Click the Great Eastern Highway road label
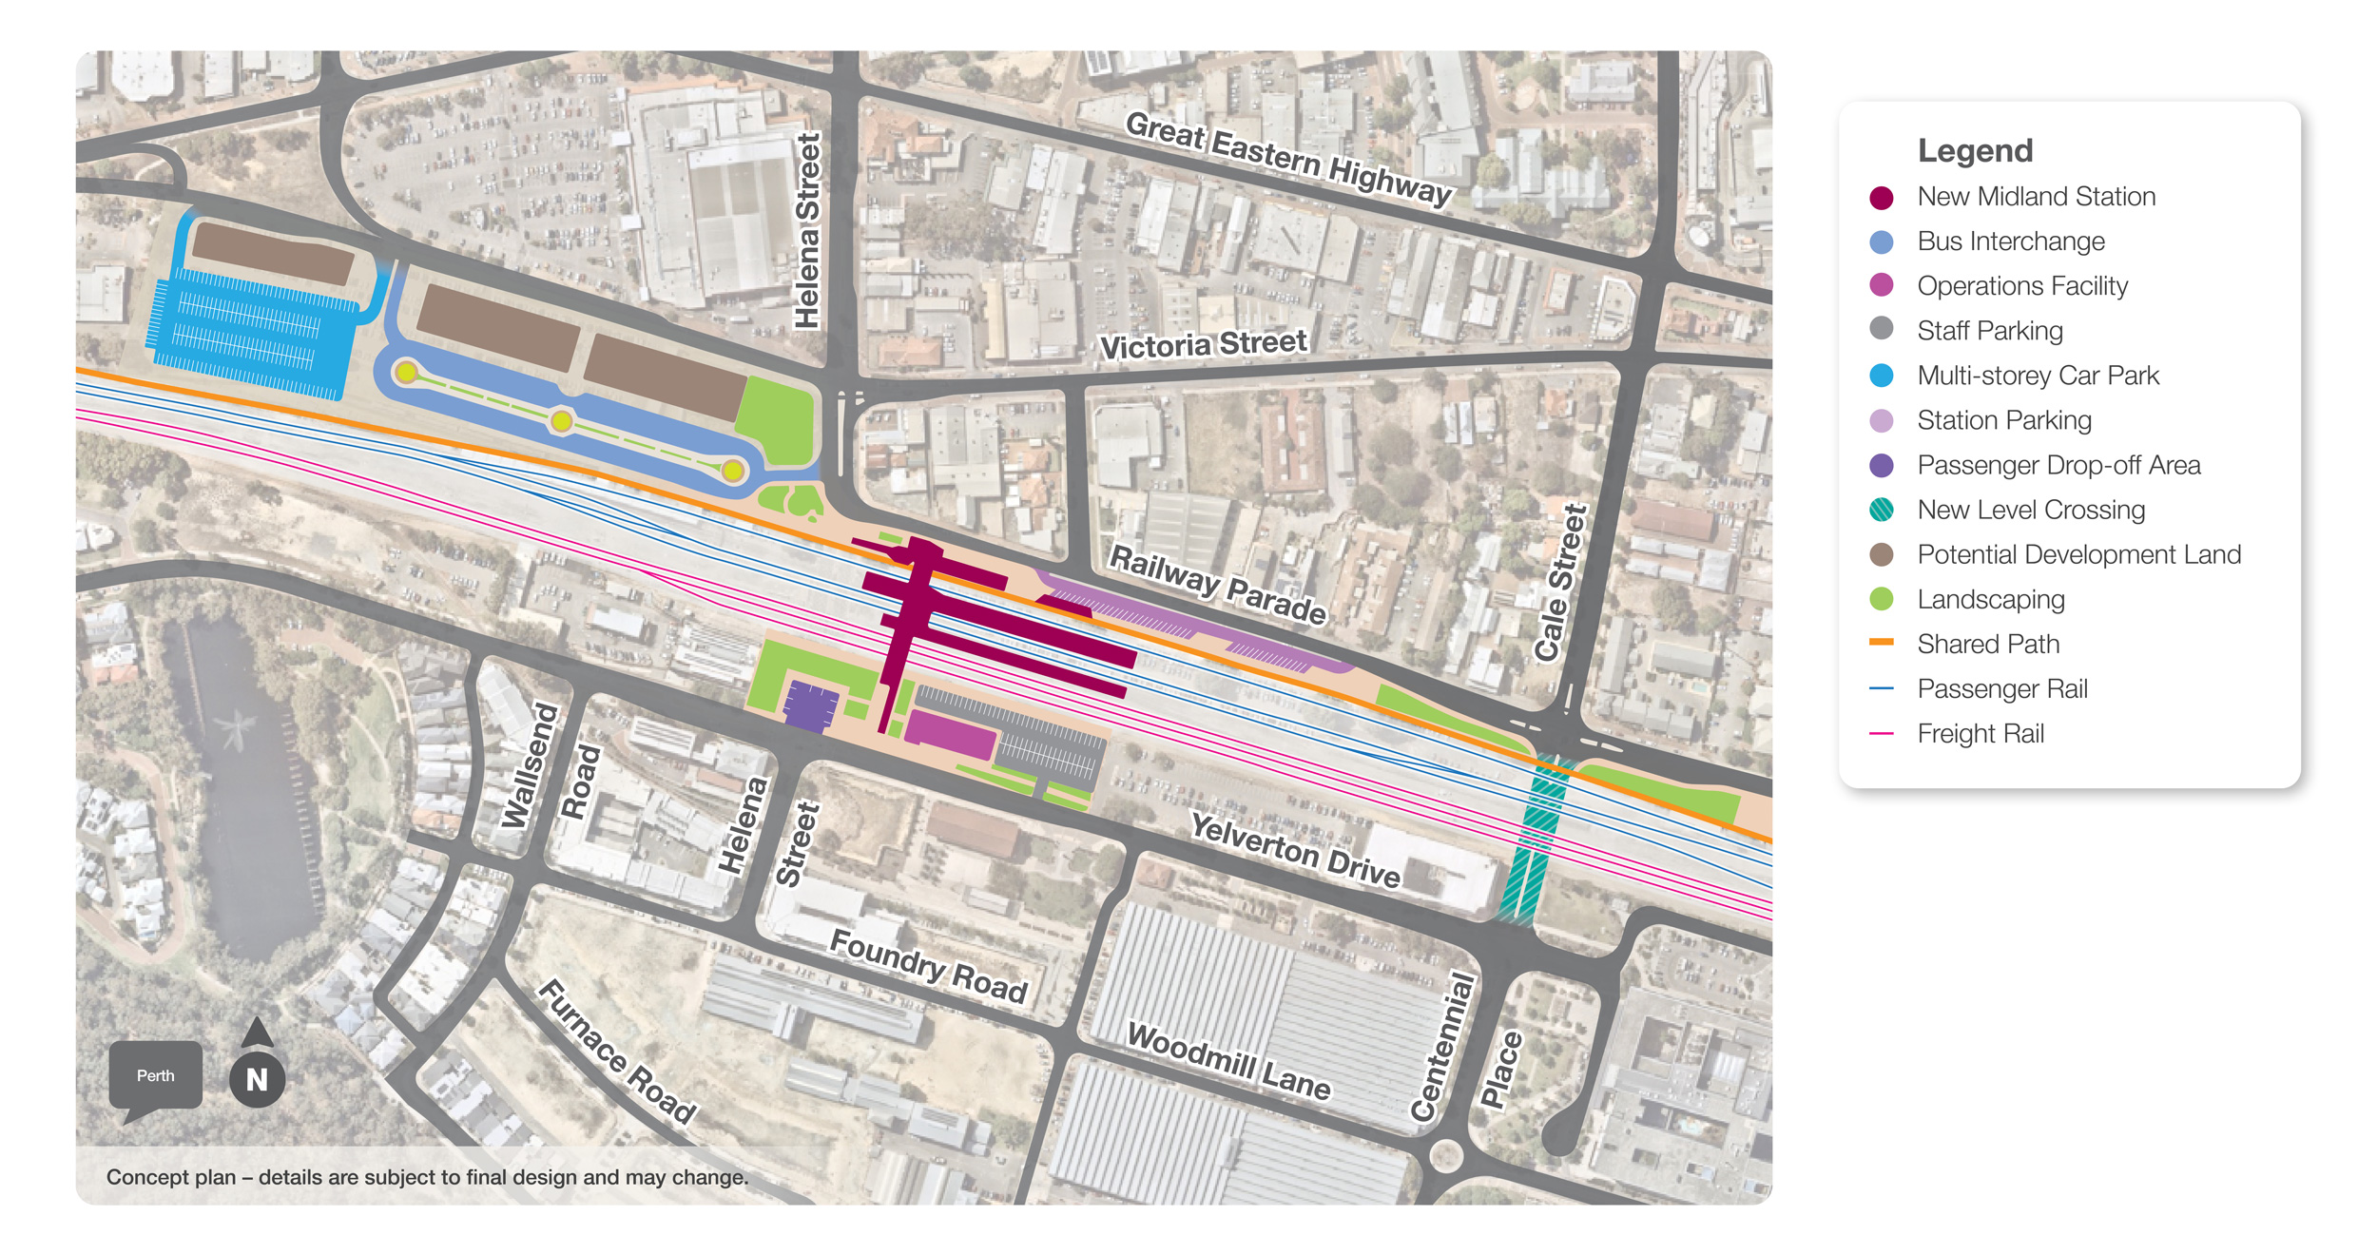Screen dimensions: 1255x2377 pyautogui.click(x=1288, y=158)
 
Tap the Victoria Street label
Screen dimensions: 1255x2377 pyautogui.click(x=1203, y=344)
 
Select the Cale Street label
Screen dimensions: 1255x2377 pyautogui.click(x=1560, y=582)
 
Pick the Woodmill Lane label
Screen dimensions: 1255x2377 pyautogui.click(x=1228, y=1061)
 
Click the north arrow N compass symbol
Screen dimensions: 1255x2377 pyautogui.click(x=257, y=1079)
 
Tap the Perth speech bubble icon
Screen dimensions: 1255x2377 pyautogui.click(x=156, y=1075)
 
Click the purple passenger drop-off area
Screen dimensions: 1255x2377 pyautogui.click(x=810, y=706)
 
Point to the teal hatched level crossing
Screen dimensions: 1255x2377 pyautogui.click(x=1533, y=837)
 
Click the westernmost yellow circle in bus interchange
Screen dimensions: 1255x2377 pyautogui.click(x=407, y=373)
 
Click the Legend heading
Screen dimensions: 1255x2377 pyautogui.click(x=1975, y=150)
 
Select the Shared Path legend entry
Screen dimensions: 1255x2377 pyautogui.click(x=1987, y=644)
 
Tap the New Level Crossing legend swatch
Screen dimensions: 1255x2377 pyautogui.click(x=1881, y=510)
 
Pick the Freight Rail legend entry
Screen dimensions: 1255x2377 pyautogui.click(x=1980, y=733)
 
